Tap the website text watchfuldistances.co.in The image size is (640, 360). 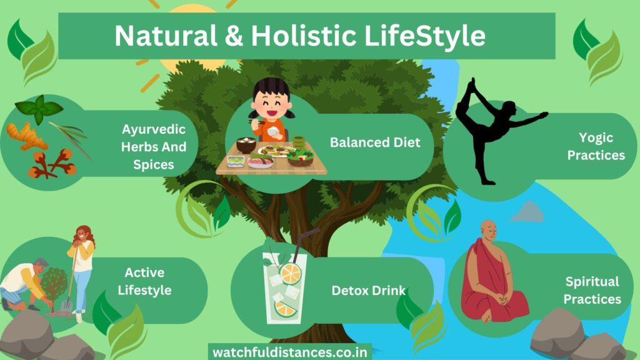[x=290, y=352]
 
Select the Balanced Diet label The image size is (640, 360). [x=375, y=142]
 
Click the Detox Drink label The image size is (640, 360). [x=369, y=291]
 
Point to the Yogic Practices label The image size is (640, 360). [x=596, y=146]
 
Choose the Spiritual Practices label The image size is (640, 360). [x=592, y=290]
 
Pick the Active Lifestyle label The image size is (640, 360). [x=144, y=281]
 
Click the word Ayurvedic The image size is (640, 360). [x=154, y=129]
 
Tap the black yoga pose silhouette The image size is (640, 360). [x=496, y=131]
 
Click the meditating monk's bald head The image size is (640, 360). [x=489, y=229]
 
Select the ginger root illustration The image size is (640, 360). [x=26, y=136]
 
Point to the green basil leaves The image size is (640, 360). [x=39, y=109]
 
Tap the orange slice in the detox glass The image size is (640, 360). [x=290, y=274]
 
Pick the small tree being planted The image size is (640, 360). [x=54, y=286]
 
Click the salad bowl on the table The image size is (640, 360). [x=301, y=157]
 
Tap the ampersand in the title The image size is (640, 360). [x=234, y=36]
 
